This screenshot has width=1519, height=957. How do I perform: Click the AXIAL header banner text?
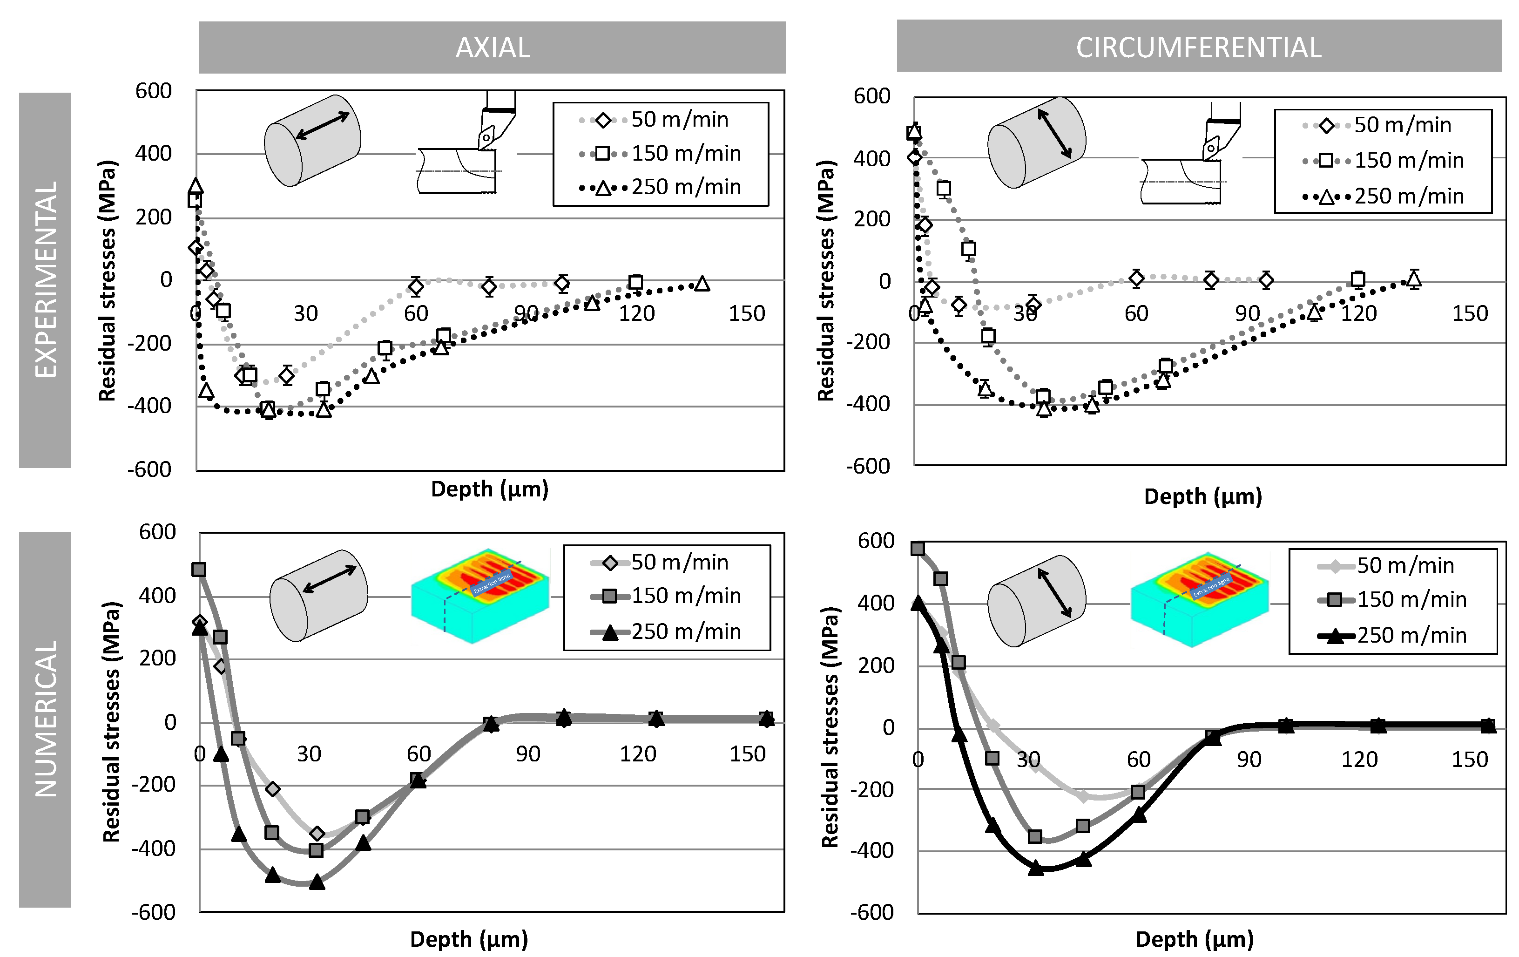tap(493, 48)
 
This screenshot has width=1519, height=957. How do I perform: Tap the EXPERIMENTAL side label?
tap(46, 279)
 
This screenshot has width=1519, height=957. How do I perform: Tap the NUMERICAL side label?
tap(46, 719)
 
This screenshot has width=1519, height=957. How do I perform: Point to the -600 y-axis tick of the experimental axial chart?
tap(149, 469)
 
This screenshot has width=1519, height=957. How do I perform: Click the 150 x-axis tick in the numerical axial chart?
tap(748, 754)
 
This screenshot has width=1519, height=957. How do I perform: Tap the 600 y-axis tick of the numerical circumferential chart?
tap(876, 541)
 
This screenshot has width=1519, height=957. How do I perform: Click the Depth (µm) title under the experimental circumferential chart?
tap(1203, 496)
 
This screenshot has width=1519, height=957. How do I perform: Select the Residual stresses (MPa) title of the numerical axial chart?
tap(111, 722)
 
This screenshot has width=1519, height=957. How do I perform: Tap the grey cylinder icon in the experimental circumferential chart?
tap(1036, 142)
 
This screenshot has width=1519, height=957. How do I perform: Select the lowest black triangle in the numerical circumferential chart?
tap(1036, 868)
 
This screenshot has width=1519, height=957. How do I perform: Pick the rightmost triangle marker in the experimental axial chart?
tap(702, 284)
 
